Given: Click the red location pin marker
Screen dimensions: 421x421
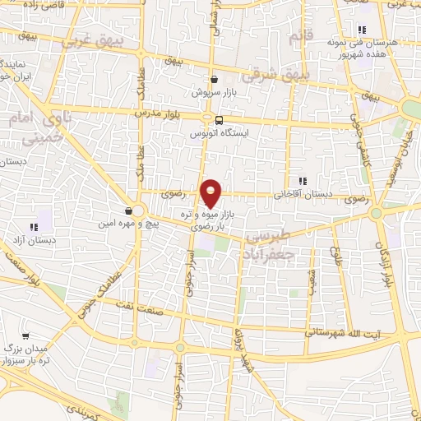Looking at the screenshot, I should point(212,192).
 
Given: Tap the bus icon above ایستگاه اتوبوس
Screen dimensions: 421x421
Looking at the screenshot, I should point(217,120).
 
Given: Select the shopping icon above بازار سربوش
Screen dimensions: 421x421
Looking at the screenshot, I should point(215,80).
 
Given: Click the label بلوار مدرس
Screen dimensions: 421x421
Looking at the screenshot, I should point(178,110).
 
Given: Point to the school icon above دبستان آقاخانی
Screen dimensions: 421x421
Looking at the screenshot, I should point(303,181).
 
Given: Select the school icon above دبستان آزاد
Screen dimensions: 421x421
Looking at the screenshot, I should point(34,227).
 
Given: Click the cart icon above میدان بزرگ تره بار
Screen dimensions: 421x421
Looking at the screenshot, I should point(26,336).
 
